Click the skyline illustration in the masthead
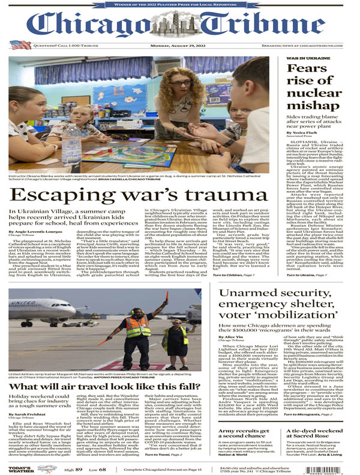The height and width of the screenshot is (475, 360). point(179,24)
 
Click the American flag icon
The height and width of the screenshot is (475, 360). point(20,45)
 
